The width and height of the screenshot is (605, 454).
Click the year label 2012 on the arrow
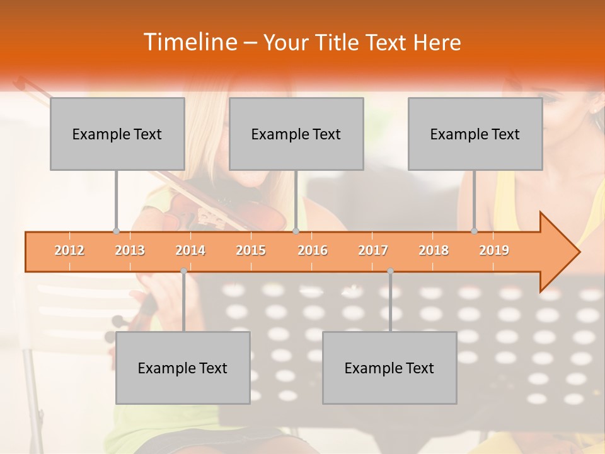click(x=69, y=251)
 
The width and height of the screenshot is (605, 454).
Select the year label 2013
click(x=130, y=251)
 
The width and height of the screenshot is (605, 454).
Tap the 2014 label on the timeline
click(x=190, y=251)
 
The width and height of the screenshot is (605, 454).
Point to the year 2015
click(x=251, y=251)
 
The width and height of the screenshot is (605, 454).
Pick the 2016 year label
click(x=313, y=251)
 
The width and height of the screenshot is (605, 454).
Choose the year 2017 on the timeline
click(x=373, y=251)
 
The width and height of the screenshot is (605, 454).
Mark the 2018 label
click(x=434, y=251)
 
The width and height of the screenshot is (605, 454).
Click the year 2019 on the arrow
click(x=494, y=251)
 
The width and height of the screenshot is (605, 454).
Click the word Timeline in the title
click(x=189, y=42)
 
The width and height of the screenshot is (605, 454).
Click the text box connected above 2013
click(x=117, y=134)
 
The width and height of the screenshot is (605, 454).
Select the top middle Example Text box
click(x=296, y=134)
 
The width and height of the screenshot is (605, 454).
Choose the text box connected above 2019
click(x=475, y=134)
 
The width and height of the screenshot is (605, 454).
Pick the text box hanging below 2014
click(x=183, y=368)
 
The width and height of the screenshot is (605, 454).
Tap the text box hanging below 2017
click(x=389, y=368)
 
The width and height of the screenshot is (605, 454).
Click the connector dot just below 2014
click(x=183, y=271)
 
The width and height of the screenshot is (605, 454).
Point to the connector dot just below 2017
click(x=390, y=271)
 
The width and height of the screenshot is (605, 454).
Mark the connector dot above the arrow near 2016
click(x=296, y=231)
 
